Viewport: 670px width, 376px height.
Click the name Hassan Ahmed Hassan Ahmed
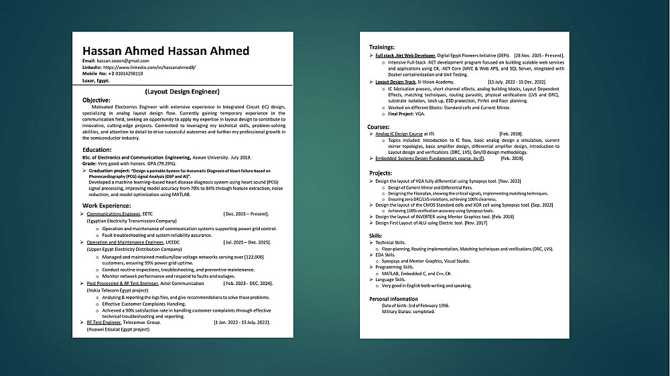tap(165, 51)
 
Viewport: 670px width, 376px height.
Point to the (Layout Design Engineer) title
tap(182, 91)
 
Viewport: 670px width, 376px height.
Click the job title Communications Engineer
tap(113, 213)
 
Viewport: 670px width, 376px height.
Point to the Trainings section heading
tap(382, 48)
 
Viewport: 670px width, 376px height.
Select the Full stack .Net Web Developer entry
tap(405, 55)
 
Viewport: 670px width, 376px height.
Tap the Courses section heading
tap(379, 126)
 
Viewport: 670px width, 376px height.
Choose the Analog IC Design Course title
tap(399, 134)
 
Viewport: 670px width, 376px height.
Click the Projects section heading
tap(381, 173)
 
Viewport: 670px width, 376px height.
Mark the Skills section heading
tap(376, 236)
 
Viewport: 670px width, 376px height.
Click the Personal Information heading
tap(393, 298)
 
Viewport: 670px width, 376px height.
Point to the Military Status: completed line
tap(408, 312)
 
